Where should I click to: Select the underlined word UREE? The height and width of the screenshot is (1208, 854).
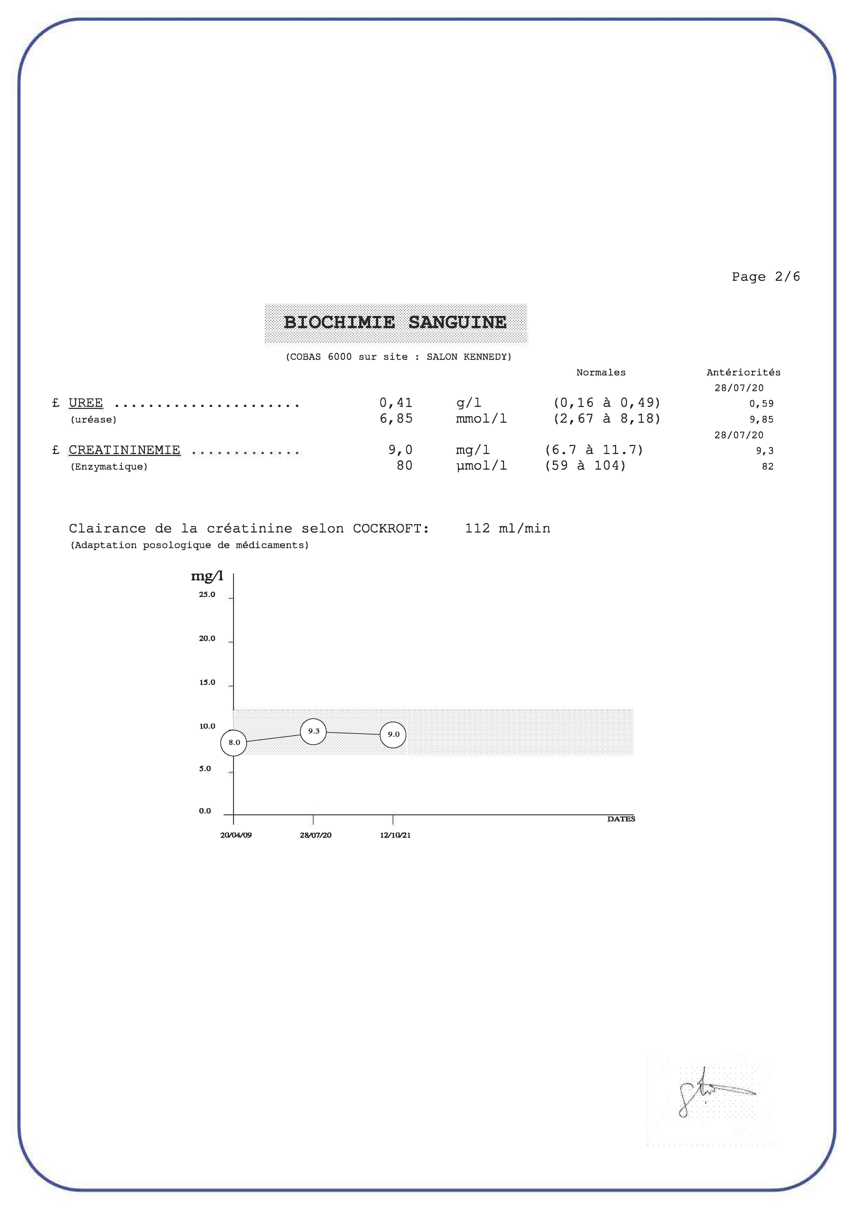click(86, 403)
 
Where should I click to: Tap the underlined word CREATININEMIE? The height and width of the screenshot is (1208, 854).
click(124, 450)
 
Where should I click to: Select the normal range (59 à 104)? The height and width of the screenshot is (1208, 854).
click(585, 466)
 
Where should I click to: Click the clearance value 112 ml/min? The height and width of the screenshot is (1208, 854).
click(507, 528)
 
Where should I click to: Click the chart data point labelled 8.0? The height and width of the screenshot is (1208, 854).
click(234, 742)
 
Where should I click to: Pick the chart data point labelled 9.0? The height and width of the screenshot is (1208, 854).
click(393, 735)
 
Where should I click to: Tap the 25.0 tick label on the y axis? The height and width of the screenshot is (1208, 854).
click(207, 595)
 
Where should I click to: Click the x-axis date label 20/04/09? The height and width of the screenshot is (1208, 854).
click(236, 835)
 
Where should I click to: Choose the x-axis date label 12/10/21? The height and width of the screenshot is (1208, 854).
click(395, 835)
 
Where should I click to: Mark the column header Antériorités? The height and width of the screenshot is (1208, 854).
click(743, 372)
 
